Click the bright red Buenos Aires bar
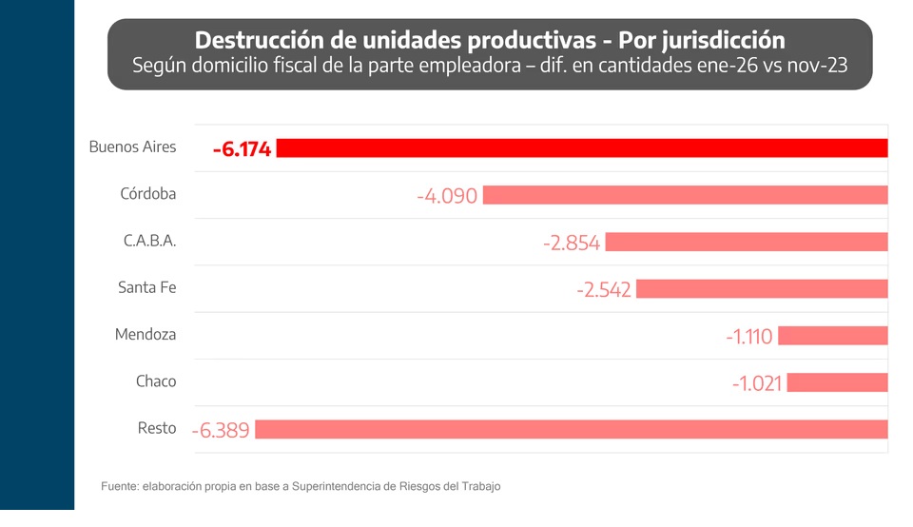pos(581,148)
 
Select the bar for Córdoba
pos(685,195)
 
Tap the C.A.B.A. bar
pos(746,242)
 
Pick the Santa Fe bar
pos(761,288)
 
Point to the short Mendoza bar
pos(832,336)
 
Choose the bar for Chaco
pos(837,382)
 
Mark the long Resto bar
pos(571,429)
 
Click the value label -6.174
pos(243,149)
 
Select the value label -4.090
pos(447,196)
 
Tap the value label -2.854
pos(572,243)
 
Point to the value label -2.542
pos(604,289)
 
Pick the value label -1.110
pos(749,337)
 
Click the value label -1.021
pos(757,383)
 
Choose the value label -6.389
pos(221,430)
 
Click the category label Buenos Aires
pos(132,147)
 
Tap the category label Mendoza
pos(146,335)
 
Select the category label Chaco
pos(156,381)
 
